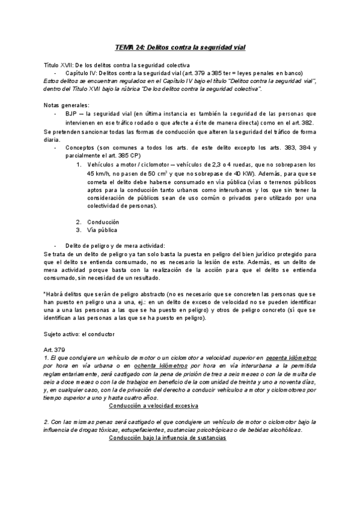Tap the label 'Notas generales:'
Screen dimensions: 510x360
click(66, 105)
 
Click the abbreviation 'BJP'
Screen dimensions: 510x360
click(70, 113)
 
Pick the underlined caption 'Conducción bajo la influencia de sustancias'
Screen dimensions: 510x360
click(167, 438)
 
